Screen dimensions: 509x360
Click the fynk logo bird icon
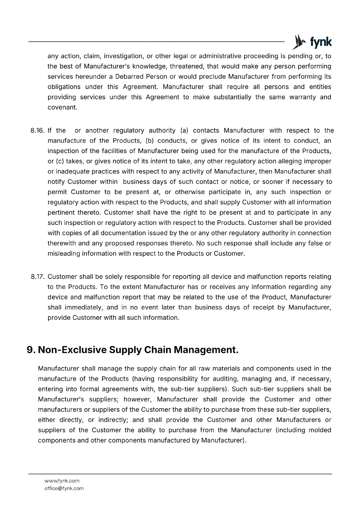(x=299, y=42)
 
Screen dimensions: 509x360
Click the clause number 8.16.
(x=37, y=130)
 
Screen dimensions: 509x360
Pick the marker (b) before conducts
(x=150, y=141)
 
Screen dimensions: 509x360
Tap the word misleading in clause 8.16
(x=64, y=254)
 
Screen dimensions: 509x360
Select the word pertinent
(x=60, y=213)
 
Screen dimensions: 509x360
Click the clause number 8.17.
(x=37, y=277)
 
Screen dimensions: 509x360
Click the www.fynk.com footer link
(x=62, y=481)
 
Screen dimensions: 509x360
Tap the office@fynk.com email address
(x=64, y=488)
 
